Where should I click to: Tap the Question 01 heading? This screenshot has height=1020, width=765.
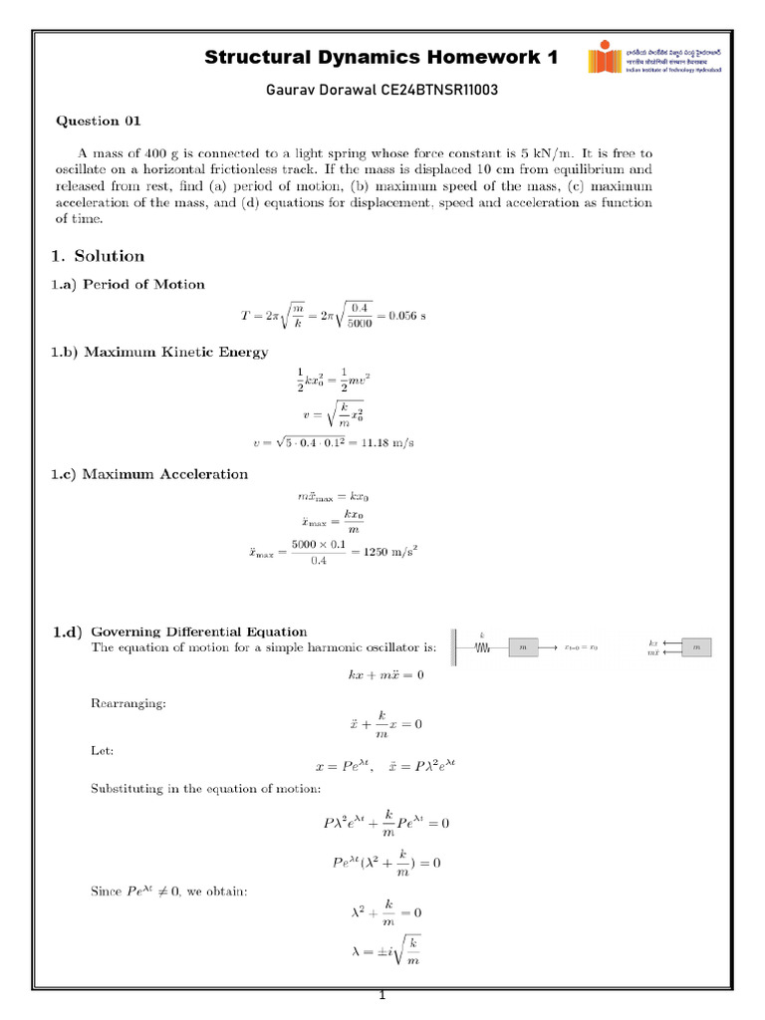98,122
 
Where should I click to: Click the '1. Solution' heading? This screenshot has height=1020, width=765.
99,256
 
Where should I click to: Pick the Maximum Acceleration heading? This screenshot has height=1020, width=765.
164,474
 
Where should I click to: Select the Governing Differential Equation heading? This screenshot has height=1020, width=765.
199,632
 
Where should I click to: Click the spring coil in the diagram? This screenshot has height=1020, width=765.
482,647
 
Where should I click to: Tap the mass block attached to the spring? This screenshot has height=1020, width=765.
524,647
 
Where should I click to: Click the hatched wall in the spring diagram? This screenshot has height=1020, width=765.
455,647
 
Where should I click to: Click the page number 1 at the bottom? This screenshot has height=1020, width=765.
382,997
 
